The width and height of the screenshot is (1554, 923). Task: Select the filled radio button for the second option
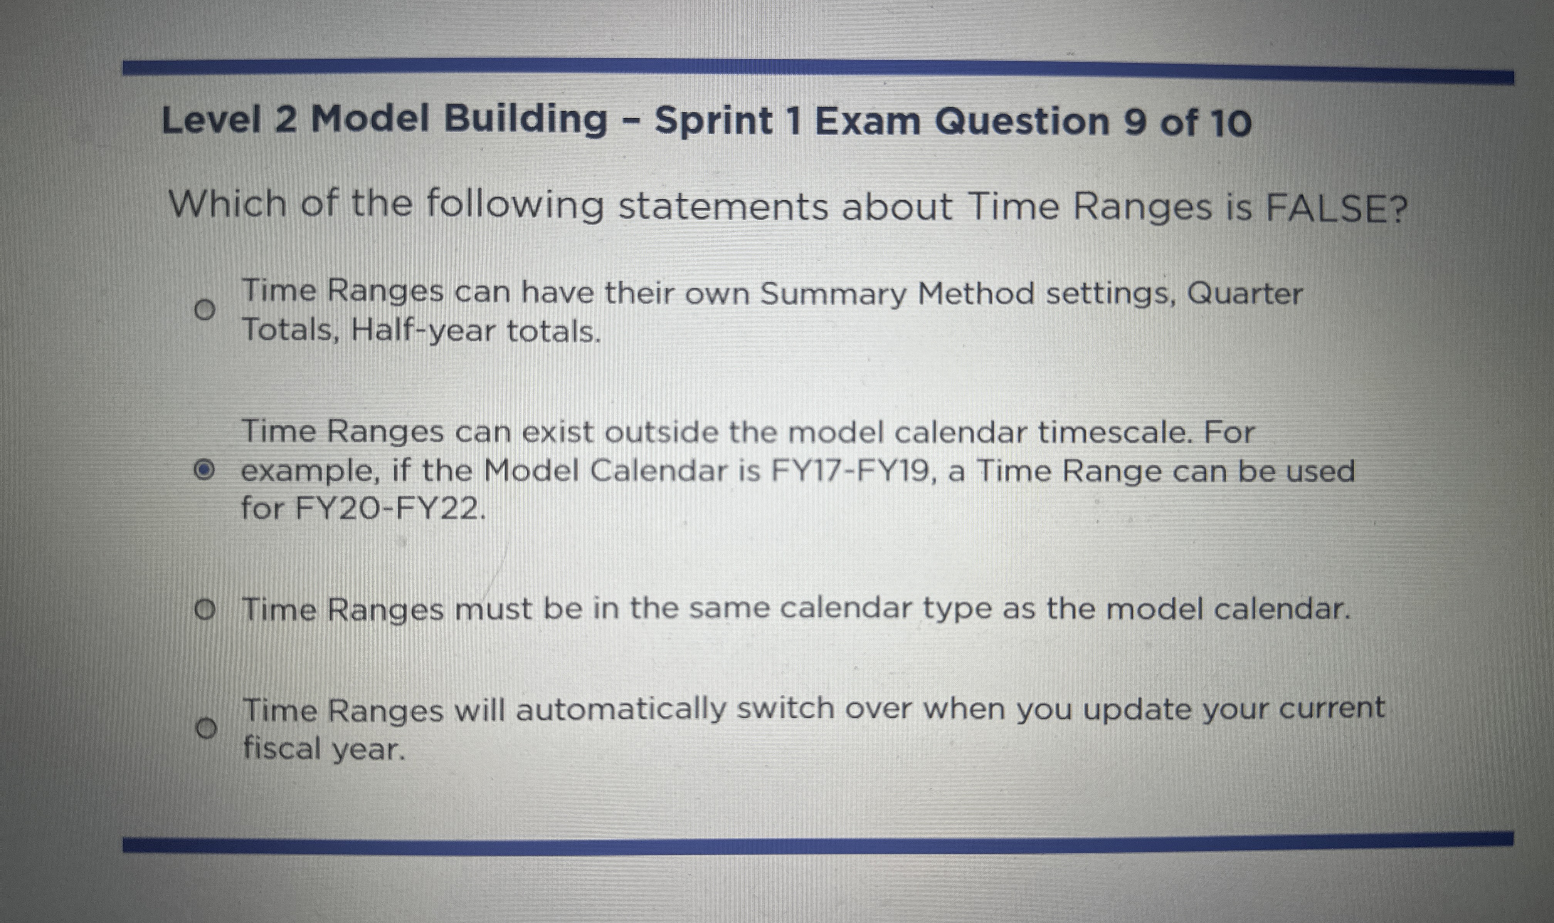click(203, 471)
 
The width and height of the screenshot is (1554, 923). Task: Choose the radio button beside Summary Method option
click(203, 309)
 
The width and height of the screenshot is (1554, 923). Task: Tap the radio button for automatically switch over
click(206, 728)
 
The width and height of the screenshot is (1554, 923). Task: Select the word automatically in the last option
click(620, 711)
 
